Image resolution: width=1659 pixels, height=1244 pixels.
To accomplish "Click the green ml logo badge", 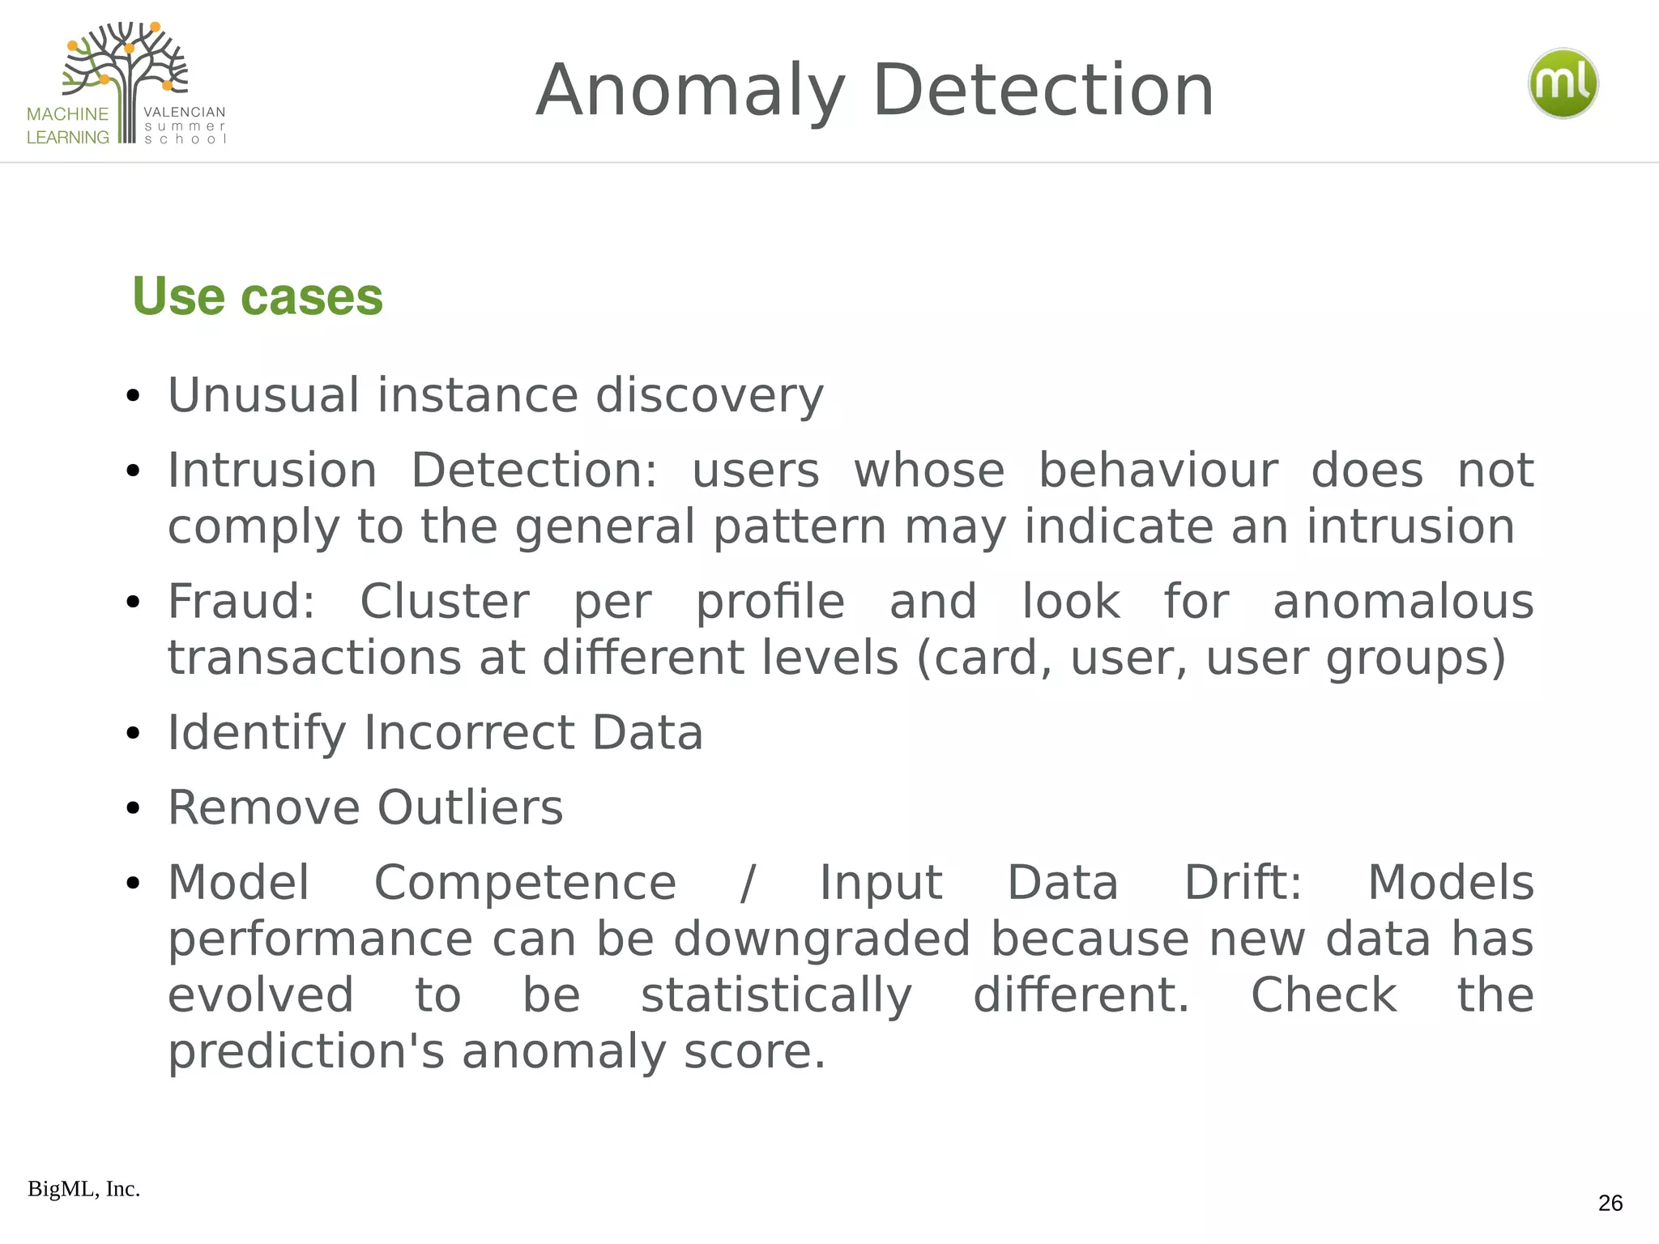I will point(1563,83).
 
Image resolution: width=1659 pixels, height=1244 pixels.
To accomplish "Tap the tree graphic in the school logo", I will point(126,69).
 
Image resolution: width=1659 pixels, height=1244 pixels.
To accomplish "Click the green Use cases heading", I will point(257,296).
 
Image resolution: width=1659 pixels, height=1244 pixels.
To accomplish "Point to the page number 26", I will point(1610,1203).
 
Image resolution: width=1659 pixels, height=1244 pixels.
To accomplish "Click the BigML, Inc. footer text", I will point(83,1189).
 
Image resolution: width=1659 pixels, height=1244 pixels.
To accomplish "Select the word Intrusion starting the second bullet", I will point(272,471).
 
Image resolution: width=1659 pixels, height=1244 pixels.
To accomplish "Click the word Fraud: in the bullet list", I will point(241,602).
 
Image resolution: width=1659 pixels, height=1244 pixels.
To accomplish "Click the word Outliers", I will point(470,808).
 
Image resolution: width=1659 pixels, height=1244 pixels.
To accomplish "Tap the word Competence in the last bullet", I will point(525,883).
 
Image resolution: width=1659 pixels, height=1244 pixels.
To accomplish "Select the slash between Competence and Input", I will point(748,883).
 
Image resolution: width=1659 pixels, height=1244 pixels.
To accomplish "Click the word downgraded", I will point(821,939).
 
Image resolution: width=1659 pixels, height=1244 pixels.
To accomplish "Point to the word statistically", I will point(776,995).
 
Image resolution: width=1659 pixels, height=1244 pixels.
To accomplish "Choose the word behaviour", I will point(1158,471).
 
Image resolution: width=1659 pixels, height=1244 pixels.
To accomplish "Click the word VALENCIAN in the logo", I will point(185,112).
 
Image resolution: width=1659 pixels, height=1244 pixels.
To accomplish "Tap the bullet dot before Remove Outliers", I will point(134,808).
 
